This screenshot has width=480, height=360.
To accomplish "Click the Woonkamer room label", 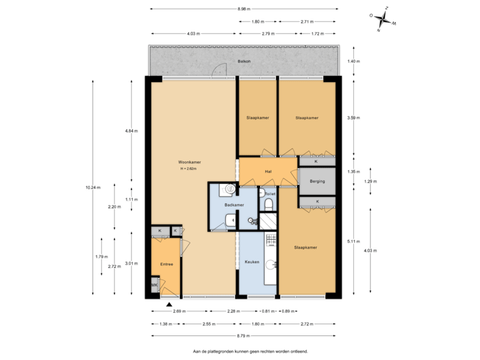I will point(189,162).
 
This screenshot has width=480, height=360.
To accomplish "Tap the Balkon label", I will point(243,62).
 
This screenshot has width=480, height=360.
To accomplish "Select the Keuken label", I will point(251,261).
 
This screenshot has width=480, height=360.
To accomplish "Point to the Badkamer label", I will point(234,205).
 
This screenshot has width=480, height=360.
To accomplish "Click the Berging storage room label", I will point(317,181).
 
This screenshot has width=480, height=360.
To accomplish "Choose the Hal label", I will point(268,171).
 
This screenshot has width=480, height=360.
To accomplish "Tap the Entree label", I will point(167,265).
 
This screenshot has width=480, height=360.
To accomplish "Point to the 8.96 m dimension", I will point(243,9).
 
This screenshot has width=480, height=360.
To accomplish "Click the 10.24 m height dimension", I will point(93,187).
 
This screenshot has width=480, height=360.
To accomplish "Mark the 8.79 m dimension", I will point(243,335).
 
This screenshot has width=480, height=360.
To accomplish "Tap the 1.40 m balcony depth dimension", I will point(353,61).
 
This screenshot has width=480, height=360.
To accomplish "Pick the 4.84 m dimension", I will point(131,131).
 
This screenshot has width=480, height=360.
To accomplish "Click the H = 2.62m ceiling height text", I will point(189,169).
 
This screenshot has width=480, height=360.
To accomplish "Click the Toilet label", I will point(270,194).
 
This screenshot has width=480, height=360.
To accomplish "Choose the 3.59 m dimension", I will point(353,118).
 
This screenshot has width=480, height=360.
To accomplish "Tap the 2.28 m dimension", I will point(233,311).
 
